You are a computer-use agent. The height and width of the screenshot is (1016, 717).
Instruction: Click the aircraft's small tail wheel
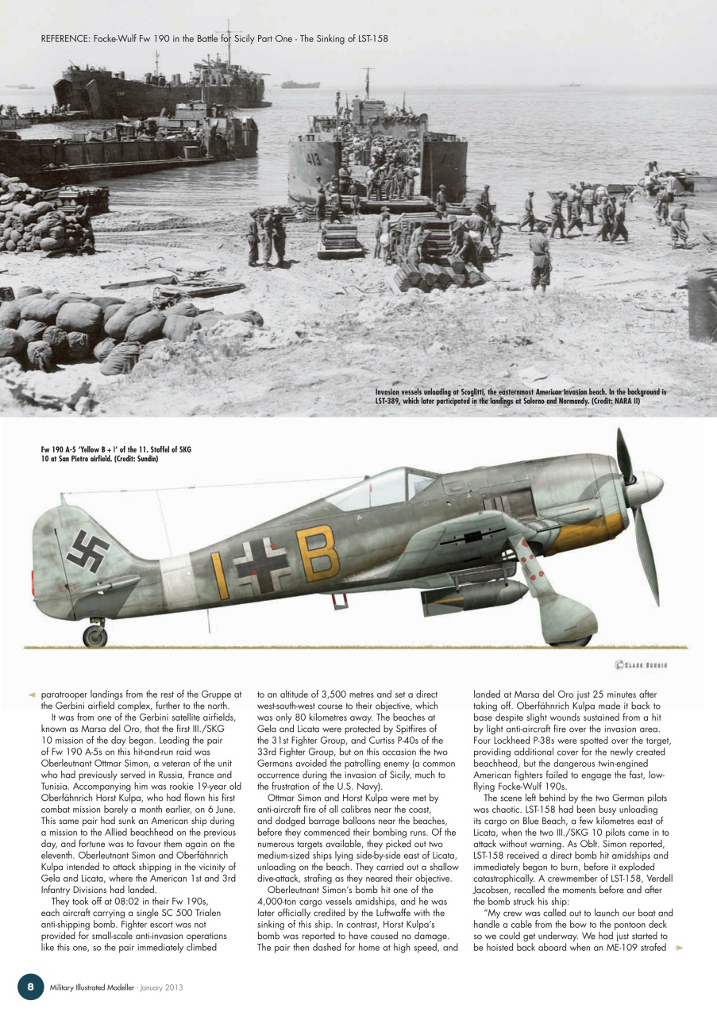94,635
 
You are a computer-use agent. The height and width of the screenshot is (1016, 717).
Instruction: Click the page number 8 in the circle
30,986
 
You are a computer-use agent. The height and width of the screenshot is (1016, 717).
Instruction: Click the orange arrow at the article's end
679,947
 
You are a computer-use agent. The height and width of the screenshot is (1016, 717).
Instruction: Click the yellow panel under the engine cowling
588,533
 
